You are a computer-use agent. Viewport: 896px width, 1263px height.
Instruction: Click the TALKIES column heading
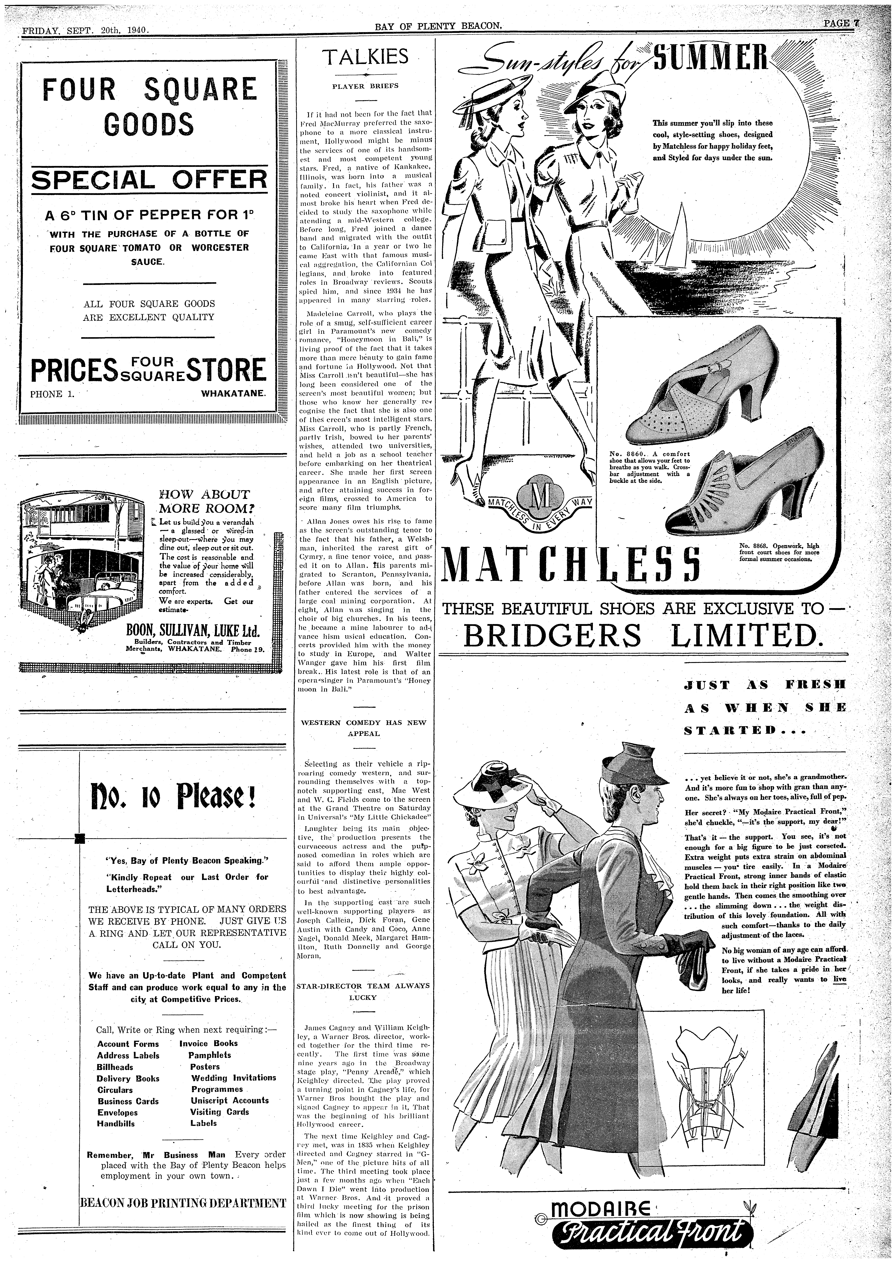(x=366, y=56)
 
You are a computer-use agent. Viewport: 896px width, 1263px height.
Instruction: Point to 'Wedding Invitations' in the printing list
(x=233, y=1078)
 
